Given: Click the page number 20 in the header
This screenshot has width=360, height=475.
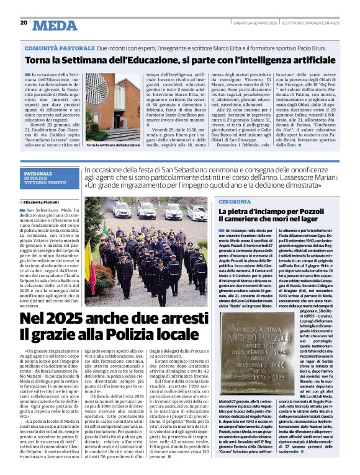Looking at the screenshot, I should tap(24, 22).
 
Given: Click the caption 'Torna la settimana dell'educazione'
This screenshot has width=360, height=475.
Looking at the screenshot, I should tap(112, 144).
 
